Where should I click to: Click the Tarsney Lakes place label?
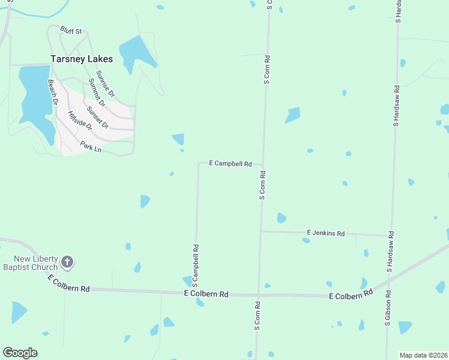80,59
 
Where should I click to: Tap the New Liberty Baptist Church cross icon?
67,262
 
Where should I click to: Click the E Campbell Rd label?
230,163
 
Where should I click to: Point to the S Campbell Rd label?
196,265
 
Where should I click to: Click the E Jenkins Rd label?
325,233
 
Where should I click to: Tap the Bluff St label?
70,30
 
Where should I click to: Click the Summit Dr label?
96,92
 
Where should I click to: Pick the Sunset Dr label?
97,117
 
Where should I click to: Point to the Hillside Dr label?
80,122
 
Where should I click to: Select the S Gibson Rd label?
388,308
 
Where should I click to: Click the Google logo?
20,353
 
